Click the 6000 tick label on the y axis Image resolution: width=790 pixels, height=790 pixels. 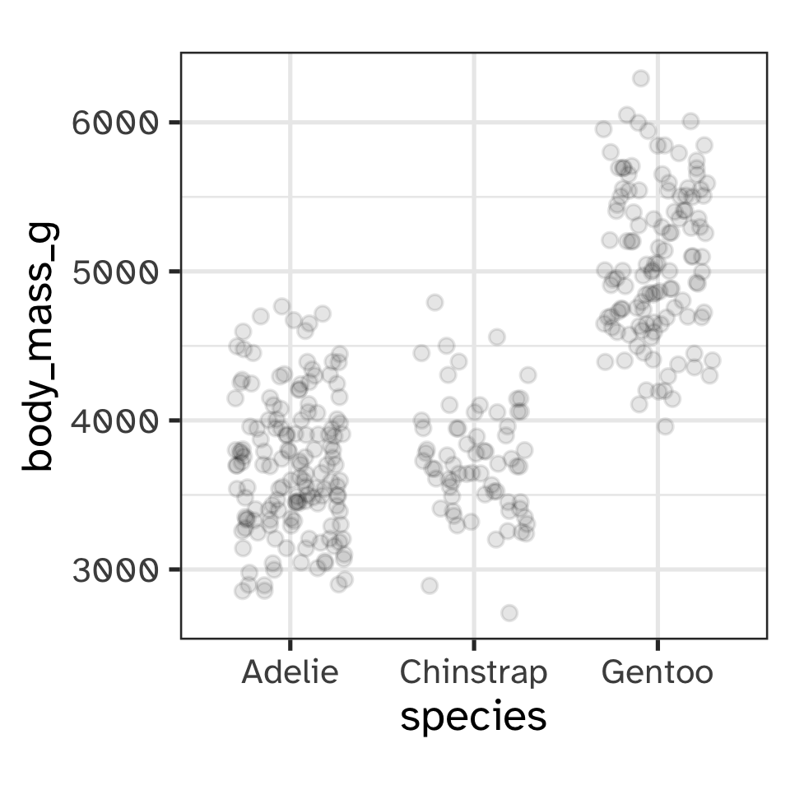click(x=114, y=123)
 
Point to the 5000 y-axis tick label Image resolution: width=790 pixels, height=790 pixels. click(x=114, y=272)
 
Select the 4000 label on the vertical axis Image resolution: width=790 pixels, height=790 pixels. click(x=114, y=421)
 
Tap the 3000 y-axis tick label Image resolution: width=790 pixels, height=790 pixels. click(x=114, y=569)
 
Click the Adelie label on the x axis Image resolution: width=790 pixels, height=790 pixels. click(x=290, y=673)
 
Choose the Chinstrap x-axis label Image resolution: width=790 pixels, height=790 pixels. click(x=473, y=673)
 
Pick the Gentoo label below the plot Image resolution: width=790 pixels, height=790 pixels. click(x=657, y=673)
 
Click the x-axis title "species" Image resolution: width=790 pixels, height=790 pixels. click(x=473, y=717)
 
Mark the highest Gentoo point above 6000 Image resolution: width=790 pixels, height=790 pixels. click(x=640, y=78)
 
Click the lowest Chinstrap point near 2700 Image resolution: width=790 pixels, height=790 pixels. click(x=509, y=613)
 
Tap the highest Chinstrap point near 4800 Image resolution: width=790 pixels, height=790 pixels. click(x=434, y=302)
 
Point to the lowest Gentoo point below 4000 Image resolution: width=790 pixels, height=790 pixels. click(x=665, y=426)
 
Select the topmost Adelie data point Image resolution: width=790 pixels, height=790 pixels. click(x=281, y=306)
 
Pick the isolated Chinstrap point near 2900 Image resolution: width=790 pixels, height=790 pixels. click(x=430, y=586)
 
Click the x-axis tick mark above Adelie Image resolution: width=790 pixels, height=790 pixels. click(x=290, y=643)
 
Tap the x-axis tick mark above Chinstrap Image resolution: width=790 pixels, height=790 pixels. click(x=473, y=643)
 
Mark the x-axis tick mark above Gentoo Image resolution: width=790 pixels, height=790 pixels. click(x=657, y=643)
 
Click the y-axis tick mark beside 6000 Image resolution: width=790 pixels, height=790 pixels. click(x=175, y=123)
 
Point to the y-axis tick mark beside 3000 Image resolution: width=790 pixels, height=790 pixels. click(x=175, y=569)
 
